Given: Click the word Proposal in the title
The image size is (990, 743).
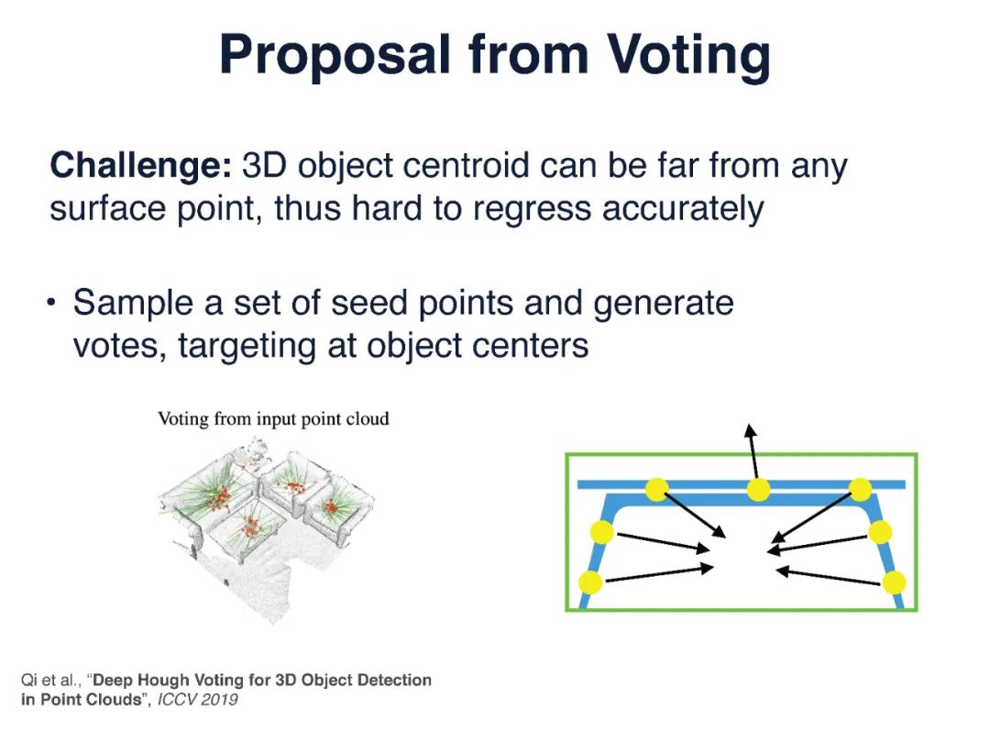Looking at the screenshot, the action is click(x=335, y=57).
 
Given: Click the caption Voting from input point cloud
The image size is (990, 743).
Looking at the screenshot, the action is click(x=273, y=419).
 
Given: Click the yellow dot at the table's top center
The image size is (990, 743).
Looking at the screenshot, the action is click(x=757, y=490).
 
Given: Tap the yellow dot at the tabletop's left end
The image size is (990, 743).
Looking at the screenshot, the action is click(x=656, y=490).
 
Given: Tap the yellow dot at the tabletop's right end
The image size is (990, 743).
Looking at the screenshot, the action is click(x=860, y=490).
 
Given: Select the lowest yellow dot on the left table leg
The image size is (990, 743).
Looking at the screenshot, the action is click(x=590, y=582).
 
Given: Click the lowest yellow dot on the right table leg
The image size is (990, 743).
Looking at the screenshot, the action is click(x=895, y=582).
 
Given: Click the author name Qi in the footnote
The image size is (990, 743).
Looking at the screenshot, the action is click(x=28, y=681).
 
